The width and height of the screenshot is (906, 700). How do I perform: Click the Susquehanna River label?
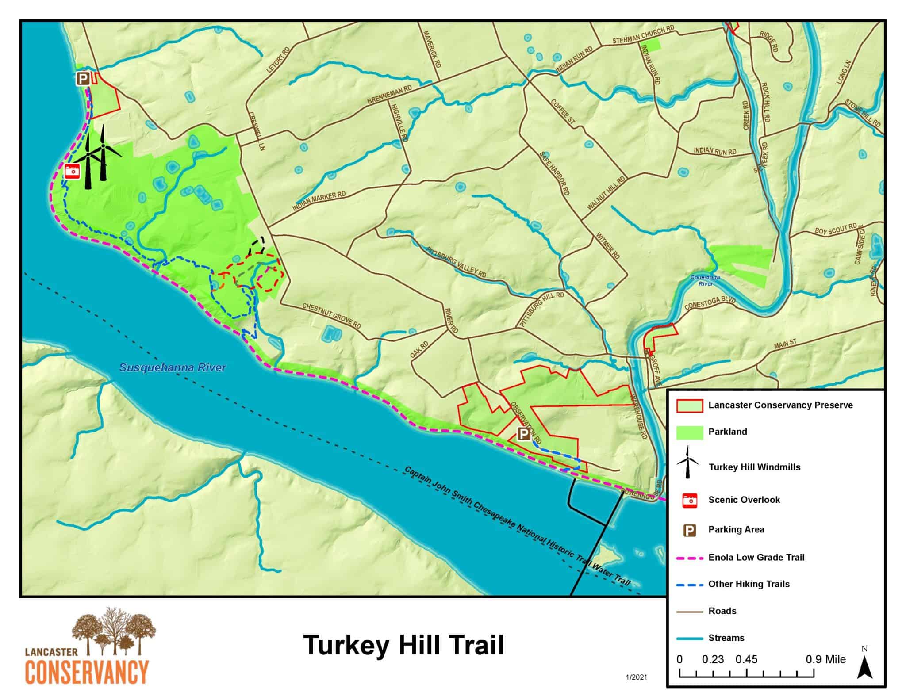[x=173, y=367]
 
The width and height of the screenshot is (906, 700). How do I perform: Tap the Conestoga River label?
[x=706, y=280]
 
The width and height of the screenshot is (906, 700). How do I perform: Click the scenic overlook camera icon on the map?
[x=72, y=171]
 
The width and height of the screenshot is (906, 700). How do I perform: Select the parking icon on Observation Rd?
[x=523, y=434]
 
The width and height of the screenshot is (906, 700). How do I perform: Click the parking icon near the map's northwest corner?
[x=83, y=79]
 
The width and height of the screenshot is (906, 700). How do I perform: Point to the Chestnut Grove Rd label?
[x=331, y=316]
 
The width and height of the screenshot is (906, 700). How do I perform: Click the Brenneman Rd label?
[x=389, y=95]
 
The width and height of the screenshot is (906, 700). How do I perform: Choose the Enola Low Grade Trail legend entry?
[x=756, y=557]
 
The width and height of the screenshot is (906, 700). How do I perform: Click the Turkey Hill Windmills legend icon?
[x=687, y=463]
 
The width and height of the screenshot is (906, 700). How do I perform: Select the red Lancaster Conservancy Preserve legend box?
[x=689, y=405]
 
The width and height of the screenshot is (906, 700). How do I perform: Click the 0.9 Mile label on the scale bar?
[x=825, y=659]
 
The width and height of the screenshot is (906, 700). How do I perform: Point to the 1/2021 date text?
[x=636, y=677]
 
